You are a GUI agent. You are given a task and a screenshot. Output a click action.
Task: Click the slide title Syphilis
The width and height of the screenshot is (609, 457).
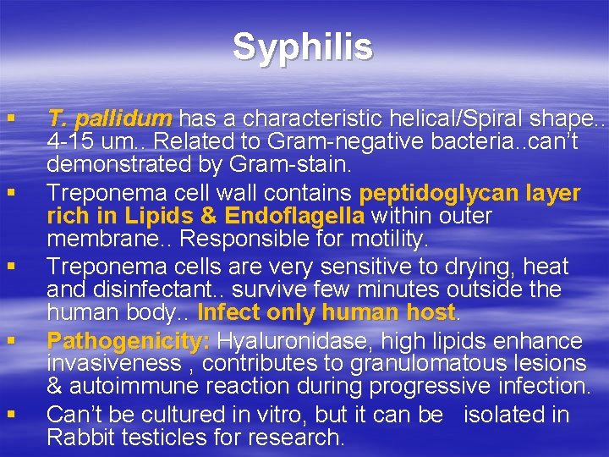tap(303, 47)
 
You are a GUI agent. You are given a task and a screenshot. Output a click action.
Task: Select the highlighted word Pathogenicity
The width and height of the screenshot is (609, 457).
tap(128, 341)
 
